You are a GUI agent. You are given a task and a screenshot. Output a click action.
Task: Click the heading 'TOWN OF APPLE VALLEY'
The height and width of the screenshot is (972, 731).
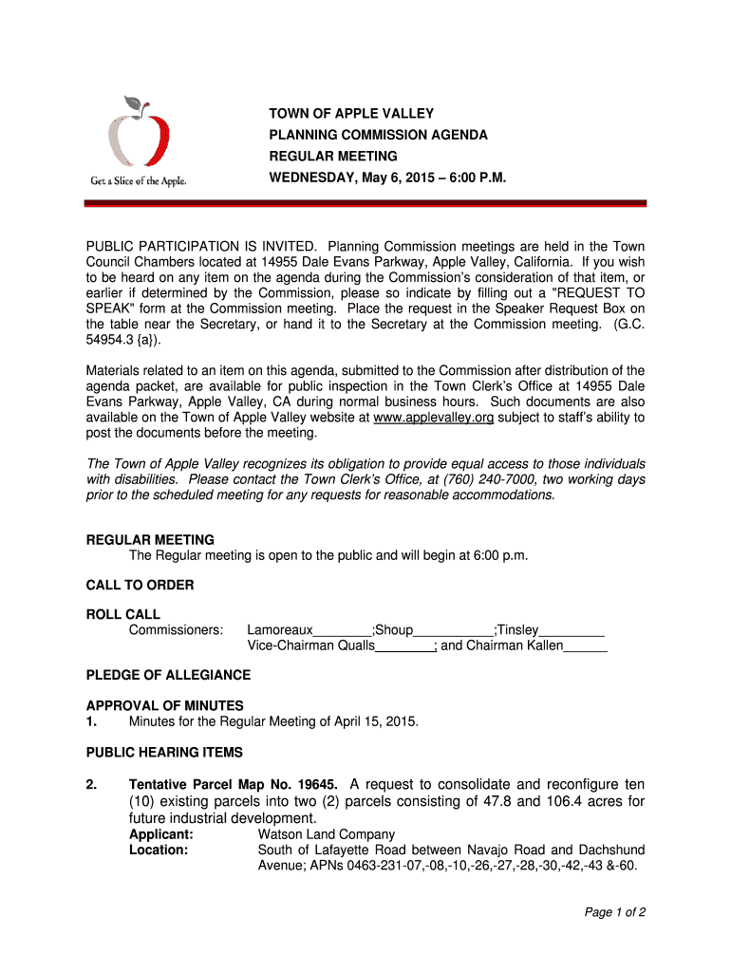click(351, 114)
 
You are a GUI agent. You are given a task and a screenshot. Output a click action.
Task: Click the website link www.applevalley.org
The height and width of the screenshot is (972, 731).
click(434, 419)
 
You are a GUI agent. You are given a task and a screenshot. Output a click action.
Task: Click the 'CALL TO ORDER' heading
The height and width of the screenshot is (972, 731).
click(140, 585)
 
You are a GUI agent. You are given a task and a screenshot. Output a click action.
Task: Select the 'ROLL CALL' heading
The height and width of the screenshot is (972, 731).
click(123, 614)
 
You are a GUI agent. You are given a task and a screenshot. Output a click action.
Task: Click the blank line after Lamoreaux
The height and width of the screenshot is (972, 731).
click(343, 631)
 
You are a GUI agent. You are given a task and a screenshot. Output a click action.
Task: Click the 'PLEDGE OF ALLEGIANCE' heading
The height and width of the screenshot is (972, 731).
click(168, 675)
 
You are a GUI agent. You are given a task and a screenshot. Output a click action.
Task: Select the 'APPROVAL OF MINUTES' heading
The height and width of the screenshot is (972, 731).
click(164, 705)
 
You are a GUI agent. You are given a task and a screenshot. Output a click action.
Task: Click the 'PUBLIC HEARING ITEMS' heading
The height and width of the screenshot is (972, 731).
click(164, 752)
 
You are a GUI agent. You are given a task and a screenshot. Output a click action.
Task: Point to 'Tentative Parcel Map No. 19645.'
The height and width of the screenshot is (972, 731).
click(234, 785)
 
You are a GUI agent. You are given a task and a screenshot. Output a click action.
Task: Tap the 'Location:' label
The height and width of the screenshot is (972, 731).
click(159, 850)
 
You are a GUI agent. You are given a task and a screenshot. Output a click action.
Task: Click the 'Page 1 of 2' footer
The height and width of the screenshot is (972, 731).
click(615, 912)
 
